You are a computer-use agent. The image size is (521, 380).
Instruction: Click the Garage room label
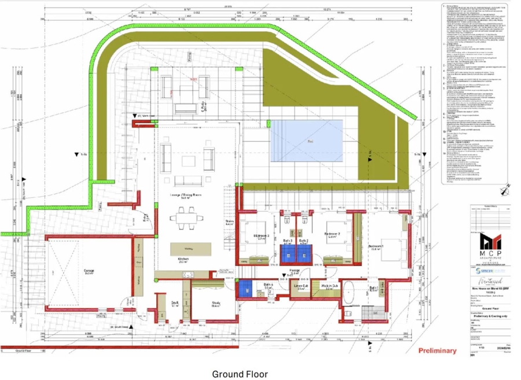74,272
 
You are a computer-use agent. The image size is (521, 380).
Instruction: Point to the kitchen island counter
190,249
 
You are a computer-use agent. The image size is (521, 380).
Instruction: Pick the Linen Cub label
300,286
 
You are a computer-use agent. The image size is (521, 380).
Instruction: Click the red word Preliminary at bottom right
436,351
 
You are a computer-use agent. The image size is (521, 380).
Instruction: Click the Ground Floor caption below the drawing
240,374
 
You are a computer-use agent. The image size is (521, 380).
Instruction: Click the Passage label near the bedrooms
295,272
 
